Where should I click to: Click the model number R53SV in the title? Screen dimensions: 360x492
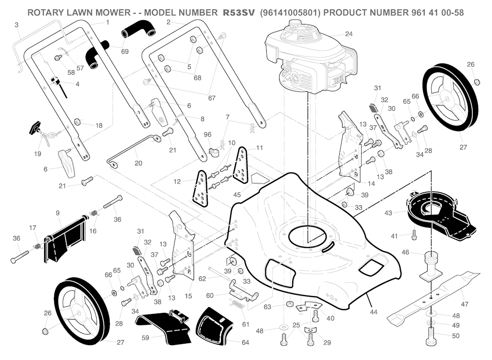240,12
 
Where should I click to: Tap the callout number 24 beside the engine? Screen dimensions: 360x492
349,34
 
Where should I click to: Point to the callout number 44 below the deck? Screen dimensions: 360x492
373,312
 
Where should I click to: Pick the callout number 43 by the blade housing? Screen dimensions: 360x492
388,212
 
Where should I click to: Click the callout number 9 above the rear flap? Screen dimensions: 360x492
58,212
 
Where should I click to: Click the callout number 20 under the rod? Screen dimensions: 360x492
138,163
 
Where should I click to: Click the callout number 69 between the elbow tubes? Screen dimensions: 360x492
125,51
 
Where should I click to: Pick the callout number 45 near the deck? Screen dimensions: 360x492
237,195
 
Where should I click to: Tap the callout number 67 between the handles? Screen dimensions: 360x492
211,98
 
